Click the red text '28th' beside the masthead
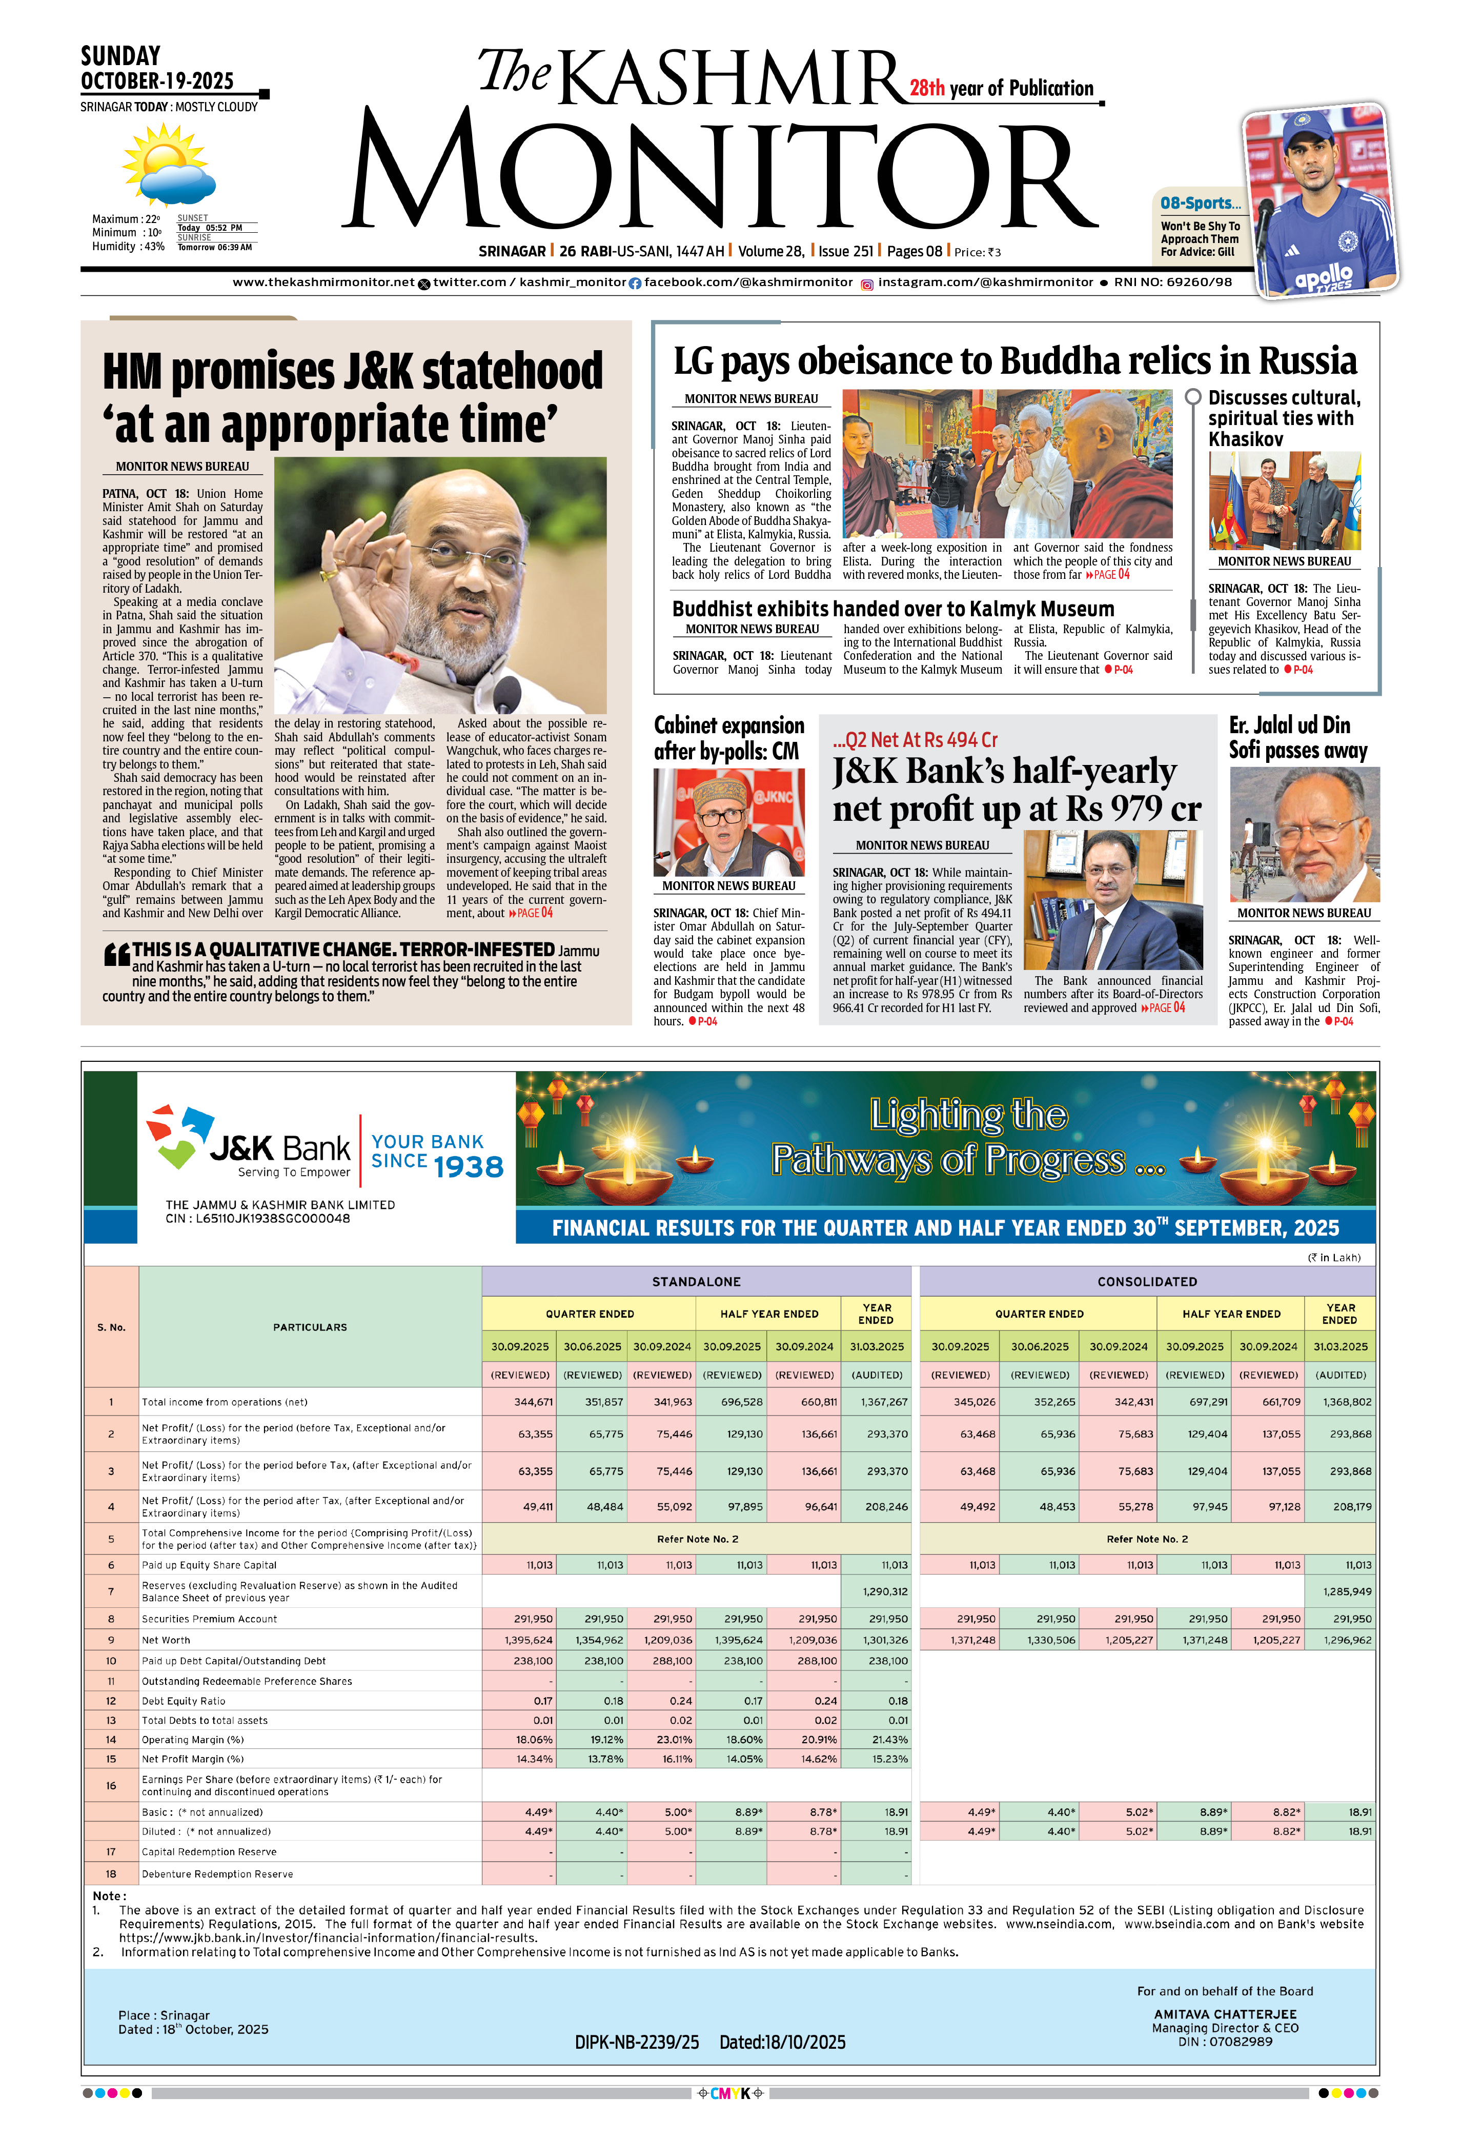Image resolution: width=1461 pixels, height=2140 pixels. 927,88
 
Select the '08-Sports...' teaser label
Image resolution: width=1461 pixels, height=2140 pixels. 1200,204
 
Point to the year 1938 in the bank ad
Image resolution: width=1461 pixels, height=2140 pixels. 469,1167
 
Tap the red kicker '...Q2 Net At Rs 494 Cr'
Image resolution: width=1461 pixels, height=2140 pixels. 915,739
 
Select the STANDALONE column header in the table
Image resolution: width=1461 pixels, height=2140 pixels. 696,1281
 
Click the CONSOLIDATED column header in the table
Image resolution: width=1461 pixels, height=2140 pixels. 1147,1281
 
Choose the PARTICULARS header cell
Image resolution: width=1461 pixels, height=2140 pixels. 310,1327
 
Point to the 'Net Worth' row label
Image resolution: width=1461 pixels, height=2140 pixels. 167,1640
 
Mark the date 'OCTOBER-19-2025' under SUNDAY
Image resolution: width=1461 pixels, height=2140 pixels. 157,81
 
